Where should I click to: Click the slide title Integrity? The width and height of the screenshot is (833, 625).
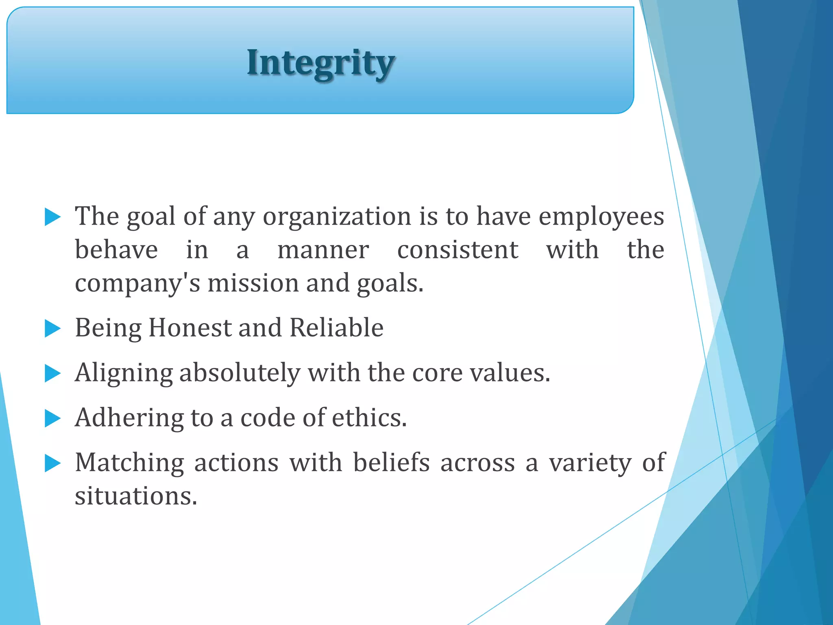321,63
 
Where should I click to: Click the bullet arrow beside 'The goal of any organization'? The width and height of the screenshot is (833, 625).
52,217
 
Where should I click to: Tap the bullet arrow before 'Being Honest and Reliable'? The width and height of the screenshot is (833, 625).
52,328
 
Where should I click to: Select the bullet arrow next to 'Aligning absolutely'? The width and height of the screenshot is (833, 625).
52,373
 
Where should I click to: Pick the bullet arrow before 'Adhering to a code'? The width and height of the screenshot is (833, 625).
52,418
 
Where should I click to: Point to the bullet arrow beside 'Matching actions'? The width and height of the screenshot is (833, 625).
52,463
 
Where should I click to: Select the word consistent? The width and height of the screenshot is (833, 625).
458,250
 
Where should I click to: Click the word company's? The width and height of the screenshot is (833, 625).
137,284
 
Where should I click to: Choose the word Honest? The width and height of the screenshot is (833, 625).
190,328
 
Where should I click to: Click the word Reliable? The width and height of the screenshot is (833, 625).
336,328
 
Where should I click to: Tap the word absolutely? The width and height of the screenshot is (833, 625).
240,373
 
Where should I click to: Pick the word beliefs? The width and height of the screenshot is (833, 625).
391,463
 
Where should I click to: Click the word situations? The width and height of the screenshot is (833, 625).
136,496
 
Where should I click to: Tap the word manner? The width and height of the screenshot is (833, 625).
323,250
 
